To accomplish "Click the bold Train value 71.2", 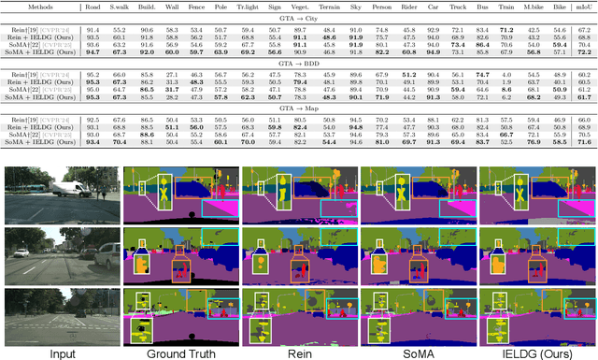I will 505,31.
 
